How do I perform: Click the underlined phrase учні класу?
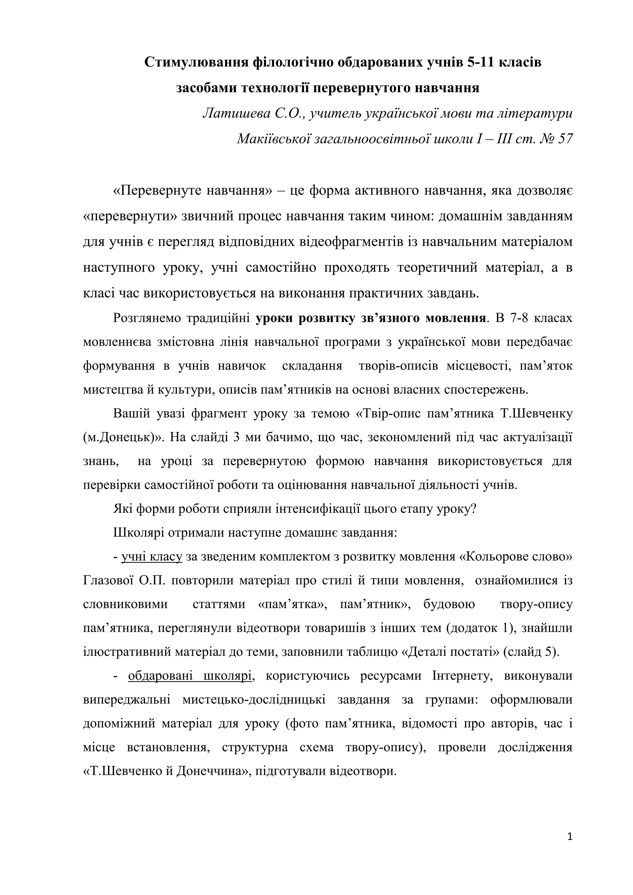click(152, 557)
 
